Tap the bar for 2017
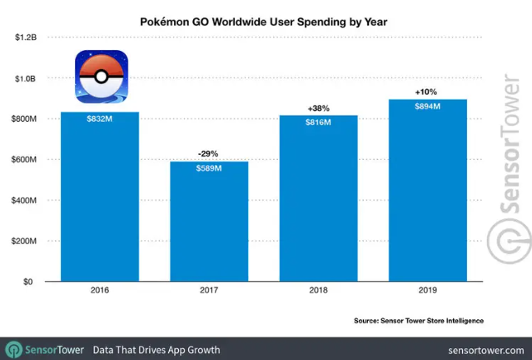point(209,225)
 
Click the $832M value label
point(99,118)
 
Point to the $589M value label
point(209,168)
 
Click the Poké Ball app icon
point(102,76)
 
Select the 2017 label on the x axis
point(209,292)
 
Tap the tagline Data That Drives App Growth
point(157,349)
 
